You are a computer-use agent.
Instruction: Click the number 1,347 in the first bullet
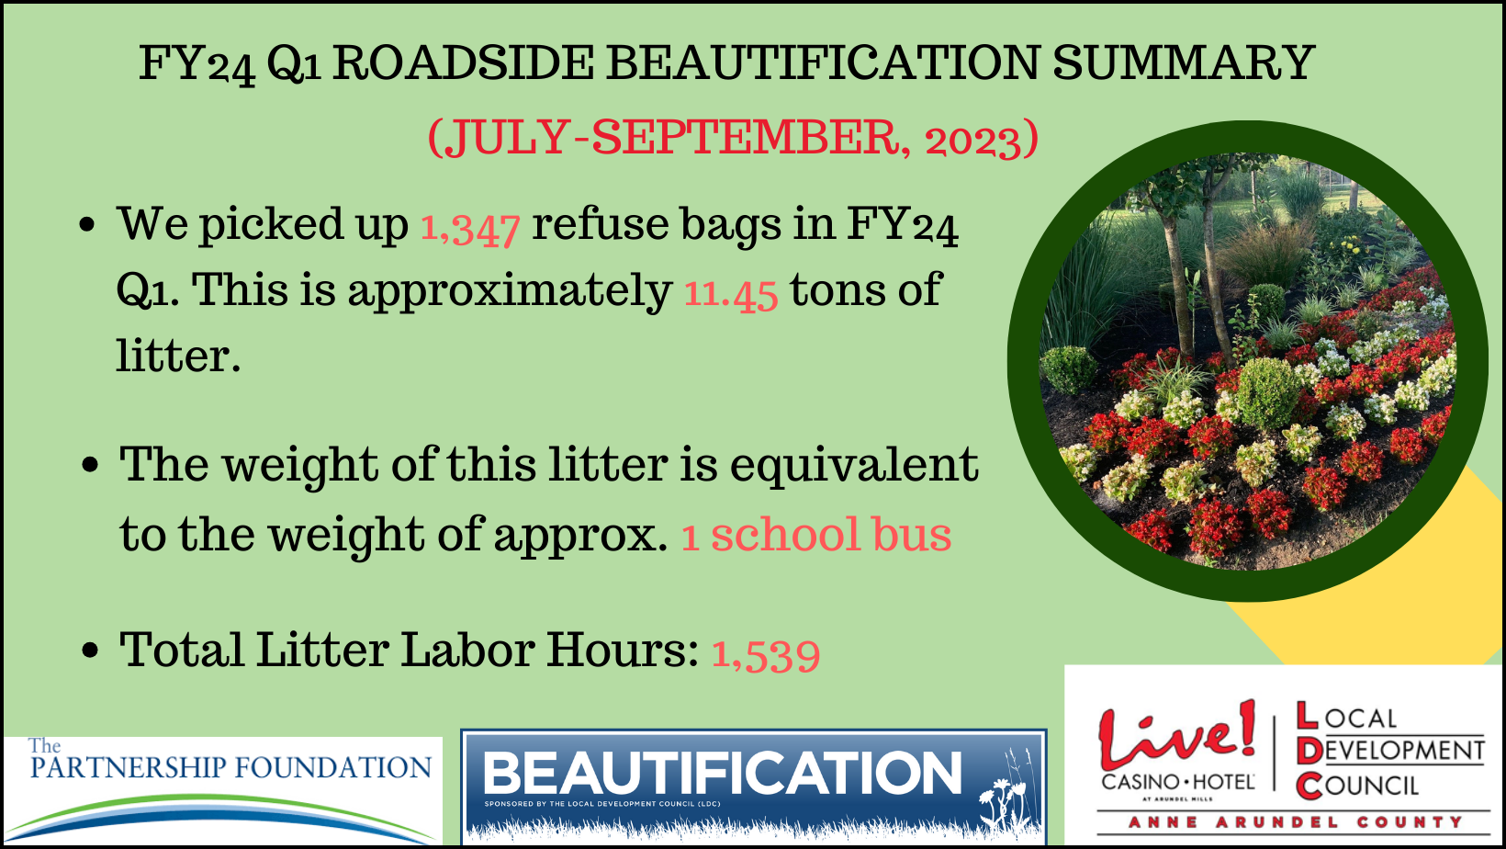click(x=470, y=227)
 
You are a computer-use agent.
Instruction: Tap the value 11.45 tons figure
click(x=732, y=292)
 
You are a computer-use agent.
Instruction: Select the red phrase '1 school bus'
click(x=816, y=535)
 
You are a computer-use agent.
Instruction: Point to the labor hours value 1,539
click(x=766, y=653)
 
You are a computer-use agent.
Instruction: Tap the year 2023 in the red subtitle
click(x=972, y=140)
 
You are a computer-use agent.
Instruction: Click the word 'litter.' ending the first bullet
click(x=178, y=356)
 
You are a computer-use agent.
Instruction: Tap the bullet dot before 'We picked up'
click(x=88, y=224)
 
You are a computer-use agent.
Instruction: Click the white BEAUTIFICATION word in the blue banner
click(x=723, y=773)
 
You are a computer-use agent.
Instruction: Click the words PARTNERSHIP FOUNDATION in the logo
click(x=230, y=767)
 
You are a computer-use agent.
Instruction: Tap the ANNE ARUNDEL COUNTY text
click(x=1295, y=822)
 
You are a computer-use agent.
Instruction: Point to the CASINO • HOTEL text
click(x=1178, y=782)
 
